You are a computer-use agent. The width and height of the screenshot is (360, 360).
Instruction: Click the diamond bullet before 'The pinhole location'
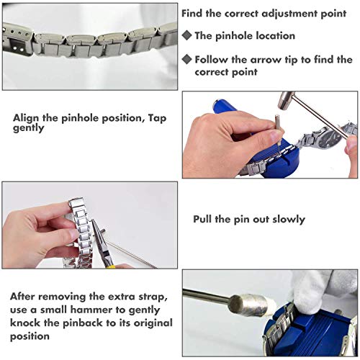[x=186, y=35]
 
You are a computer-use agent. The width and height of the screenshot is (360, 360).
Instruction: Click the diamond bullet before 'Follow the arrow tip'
[x=186, y=59]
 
